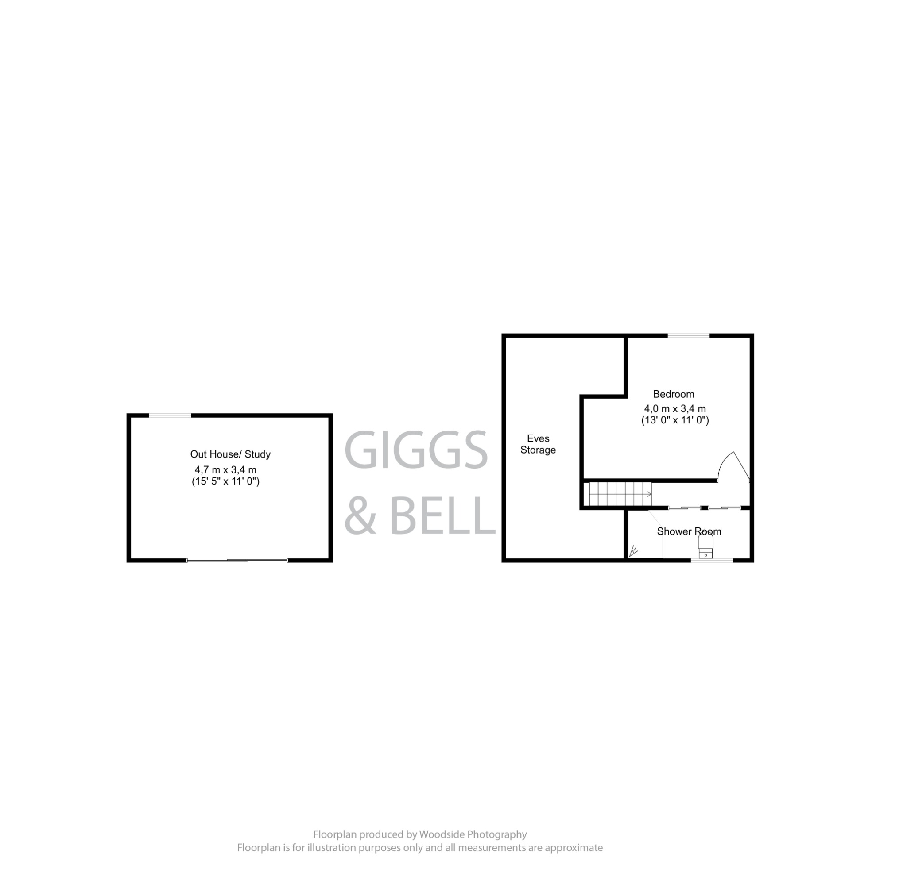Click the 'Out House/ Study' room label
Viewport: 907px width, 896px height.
(x=230, y=454)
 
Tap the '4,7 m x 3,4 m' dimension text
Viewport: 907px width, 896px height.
(x=225, y=469)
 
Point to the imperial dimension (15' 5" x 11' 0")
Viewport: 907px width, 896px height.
(x=225, y=481)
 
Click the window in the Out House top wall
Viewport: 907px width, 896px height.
(x=170, y=415)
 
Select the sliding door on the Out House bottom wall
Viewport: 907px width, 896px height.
(x=237, y=560)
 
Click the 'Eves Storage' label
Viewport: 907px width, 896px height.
(x=538, y=444)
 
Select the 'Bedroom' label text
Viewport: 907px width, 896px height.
(x=673, y=394)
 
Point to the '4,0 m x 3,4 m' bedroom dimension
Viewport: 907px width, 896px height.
(x=674, y=408)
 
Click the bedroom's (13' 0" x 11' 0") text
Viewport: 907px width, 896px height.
(x=674, y=420)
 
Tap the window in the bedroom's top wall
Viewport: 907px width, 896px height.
(x=688, y=335)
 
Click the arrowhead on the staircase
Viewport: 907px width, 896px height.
(x=649, y=494)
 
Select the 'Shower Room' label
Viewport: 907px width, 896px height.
(x=689, y=531)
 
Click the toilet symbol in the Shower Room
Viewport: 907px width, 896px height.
(x=705, y=546)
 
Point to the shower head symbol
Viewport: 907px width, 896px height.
(x=634, y=550)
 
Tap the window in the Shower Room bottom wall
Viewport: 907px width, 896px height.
(x=712, y=560)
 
